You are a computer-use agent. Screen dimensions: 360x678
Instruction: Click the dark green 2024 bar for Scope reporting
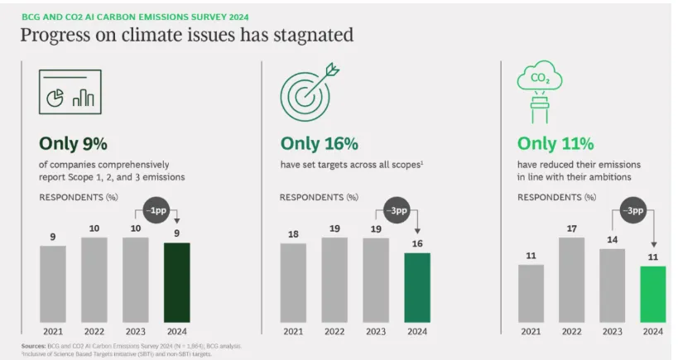tap(176, 282)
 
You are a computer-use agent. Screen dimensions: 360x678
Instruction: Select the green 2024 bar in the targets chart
tap(416, 287)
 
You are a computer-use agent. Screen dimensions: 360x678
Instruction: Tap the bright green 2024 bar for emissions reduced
tap(652, 293)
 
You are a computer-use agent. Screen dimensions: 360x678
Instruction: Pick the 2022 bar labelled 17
tap(571, 280)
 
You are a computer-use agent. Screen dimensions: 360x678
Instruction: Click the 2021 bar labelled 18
tap(293, 282)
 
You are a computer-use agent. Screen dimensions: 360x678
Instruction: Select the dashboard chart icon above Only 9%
tap(70, 90)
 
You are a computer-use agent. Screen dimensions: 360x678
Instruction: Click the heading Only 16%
tap(319, 144)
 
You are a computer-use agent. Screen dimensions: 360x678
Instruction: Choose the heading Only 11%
tap(555, 144)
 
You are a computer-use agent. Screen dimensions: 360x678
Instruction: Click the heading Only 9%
tap(73, 144)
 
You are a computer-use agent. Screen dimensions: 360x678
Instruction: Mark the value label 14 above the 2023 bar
tap(612, 239)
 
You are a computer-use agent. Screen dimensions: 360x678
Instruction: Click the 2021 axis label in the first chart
tap(52, 331)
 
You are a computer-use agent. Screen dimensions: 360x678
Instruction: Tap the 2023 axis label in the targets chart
tap(375, 331)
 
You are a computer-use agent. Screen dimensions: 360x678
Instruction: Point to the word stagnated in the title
tap(314, 35)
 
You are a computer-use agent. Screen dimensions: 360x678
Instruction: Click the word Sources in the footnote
tap(33, 345)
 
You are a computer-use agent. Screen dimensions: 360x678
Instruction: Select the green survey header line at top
tap(133, 17)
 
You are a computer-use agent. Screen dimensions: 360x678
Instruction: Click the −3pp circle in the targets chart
tap(398, 209)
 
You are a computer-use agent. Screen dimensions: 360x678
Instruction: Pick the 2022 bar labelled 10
tap(94, 280)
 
